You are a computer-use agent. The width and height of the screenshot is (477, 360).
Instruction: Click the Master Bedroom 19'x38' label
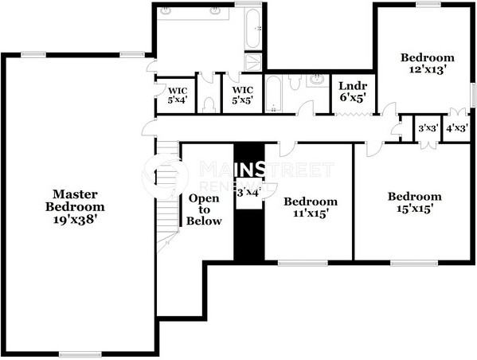point(76,205)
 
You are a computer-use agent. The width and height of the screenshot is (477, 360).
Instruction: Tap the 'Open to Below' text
point(204,209)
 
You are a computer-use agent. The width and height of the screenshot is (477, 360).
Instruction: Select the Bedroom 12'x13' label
point(427,63)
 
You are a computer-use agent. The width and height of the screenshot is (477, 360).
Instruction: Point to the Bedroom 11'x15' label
point(311,207)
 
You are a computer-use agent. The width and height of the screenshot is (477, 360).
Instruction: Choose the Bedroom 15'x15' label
point(414,202)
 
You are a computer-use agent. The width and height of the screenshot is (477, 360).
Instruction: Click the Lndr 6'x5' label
point(352,92)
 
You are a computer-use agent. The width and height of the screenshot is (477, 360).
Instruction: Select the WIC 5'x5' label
point(242,96)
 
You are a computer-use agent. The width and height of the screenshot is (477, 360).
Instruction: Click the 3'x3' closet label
point(428,128)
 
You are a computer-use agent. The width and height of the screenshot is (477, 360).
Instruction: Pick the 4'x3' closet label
point(456,128)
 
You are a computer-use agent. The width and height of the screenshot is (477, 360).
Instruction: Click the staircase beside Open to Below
point(167,199)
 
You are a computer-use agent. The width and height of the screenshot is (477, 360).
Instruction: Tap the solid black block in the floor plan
point(248,231)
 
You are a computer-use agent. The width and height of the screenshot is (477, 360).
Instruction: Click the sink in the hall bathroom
point(317,80)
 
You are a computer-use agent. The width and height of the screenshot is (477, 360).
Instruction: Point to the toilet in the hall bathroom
point(295,82)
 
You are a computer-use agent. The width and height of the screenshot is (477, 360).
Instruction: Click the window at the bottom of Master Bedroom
point(80,353)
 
